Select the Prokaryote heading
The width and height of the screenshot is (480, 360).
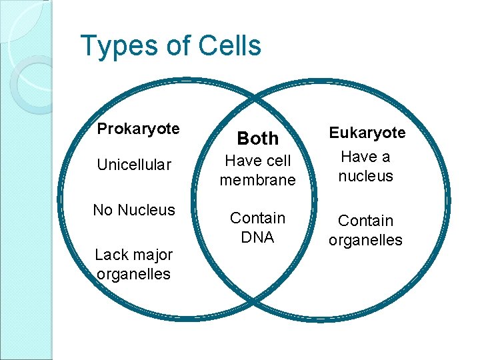click(x=138, y=129)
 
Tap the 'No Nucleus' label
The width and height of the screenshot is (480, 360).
click(x=134, y=210)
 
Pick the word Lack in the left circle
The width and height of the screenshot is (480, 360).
click(x=111, y=255)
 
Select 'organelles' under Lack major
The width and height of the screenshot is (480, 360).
click(x=133, y=273)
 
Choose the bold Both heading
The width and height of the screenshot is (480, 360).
click(x=258, y=139)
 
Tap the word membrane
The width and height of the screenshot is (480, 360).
click(x=257, y=180)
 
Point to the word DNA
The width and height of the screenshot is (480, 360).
click(x=257, y=237)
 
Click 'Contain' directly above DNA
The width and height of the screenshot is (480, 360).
click(x=257, y=218)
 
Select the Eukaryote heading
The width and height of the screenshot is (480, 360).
click(x=367, y=133)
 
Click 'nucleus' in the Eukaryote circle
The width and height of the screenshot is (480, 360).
click(x=366, y=176)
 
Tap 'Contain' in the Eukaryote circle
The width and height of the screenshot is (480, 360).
click(x=366, y=221)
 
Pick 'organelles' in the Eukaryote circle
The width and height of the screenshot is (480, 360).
click(x=366, y=239)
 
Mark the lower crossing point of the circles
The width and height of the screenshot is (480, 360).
click(x=257, y=310)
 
